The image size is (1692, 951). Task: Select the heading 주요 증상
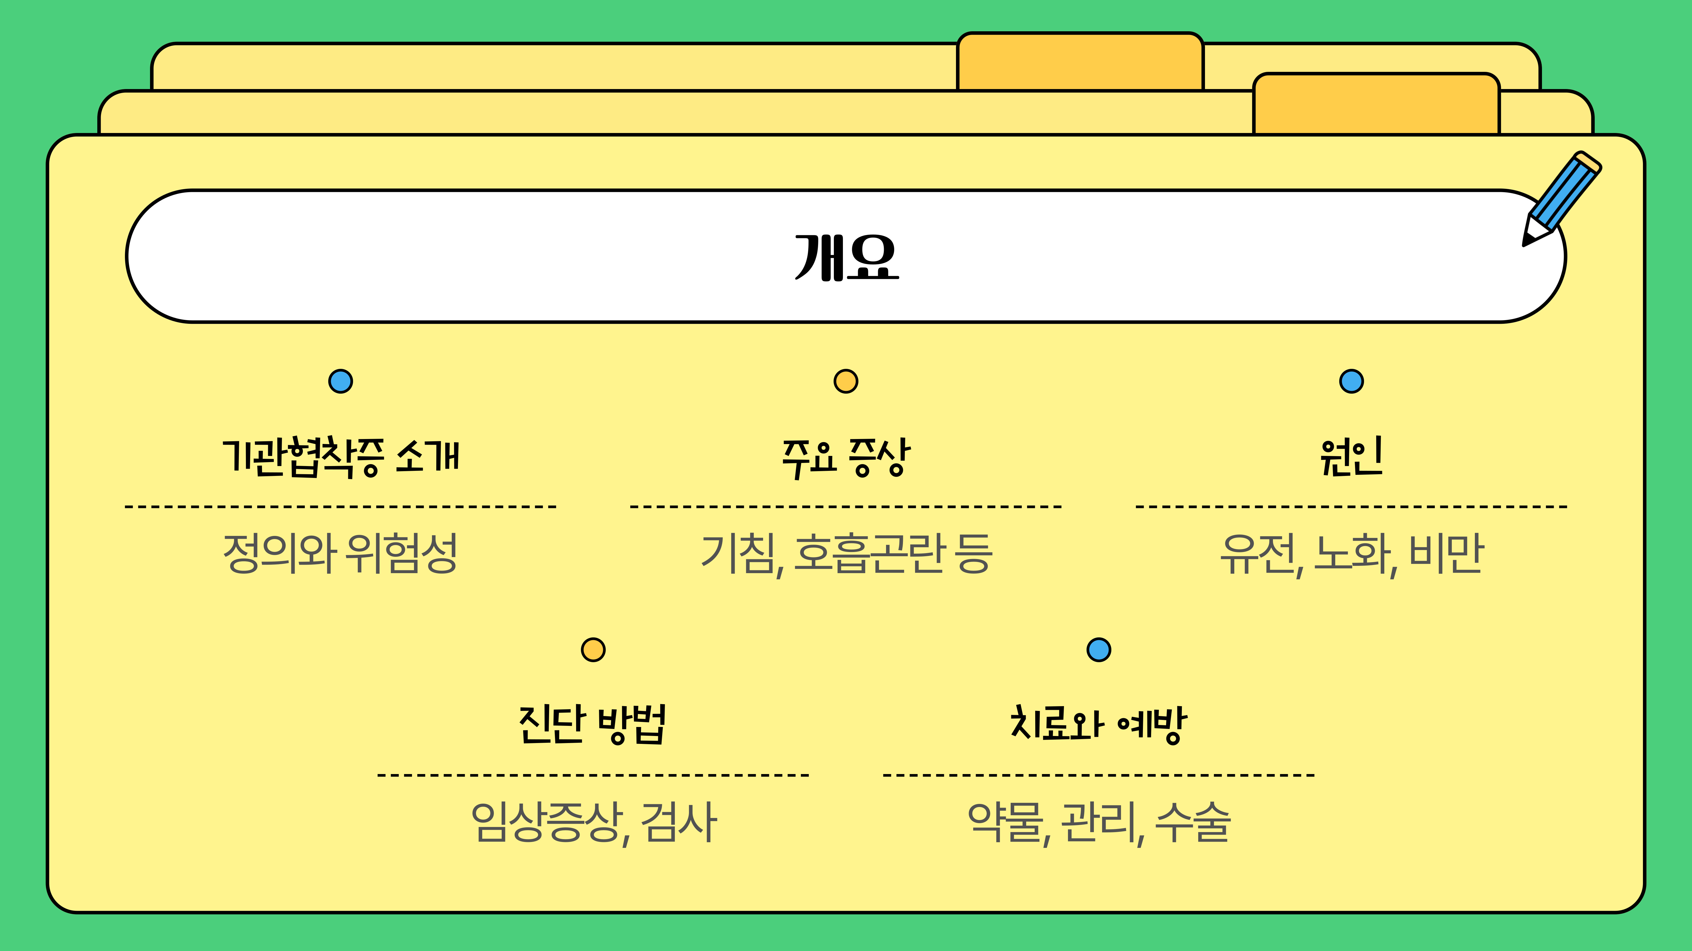click(x=846, y=457)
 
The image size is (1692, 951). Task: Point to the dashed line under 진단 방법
click(x=593, y=775)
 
